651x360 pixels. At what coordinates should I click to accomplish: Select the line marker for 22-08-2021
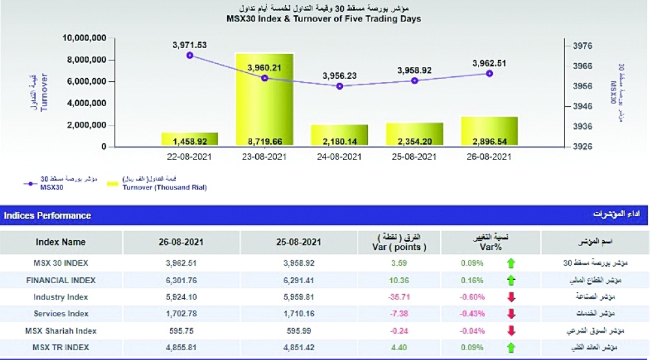pos(189,55)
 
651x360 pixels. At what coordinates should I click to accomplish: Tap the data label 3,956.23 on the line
pos(339,76)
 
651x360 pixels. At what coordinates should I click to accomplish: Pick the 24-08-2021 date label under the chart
pos(339,157)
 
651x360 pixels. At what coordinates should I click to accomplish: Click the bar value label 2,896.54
pos(489,140)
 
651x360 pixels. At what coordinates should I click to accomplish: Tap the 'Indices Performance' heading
pos(48,215)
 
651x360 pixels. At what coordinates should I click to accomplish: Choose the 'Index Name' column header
pos(61,242)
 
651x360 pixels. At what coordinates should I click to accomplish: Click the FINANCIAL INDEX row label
pos(61,280)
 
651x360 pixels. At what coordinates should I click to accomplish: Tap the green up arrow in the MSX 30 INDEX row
pos(511,264)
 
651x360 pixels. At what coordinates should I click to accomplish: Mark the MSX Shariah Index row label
pos(61,331)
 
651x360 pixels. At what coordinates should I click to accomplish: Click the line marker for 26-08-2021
pos(489,74)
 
